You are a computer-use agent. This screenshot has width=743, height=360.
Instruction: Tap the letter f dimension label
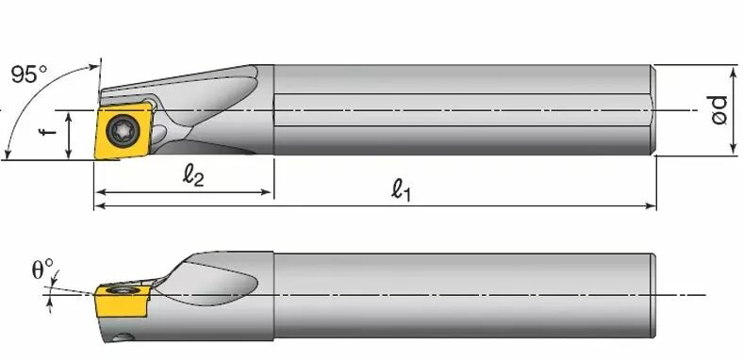48,133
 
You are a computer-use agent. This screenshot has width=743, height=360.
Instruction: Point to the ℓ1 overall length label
404,189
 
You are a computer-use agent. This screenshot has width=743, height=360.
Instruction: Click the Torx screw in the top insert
124,129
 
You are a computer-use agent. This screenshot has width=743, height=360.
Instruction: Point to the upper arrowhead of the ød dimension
734,72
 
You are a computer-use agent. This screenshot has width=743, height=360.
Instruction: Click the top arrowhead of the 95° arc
96,65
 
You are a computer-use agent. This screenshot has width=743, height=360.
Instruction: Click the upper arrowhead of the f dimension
69,114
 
